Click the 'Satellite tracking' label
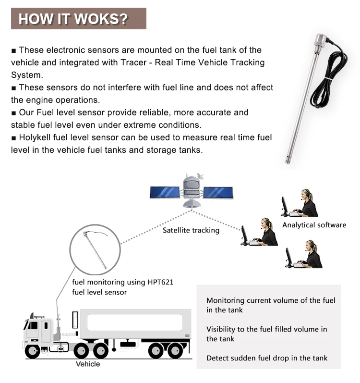click(191, 230)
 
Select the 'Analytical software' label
click(314, 225)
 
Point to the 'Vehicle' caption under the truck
click(88, 364)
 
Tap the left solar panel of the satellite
click(165, 192)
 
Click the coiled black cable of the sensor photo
click(326, 77)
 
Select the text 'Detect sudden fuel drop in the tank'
click(267, 358)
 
